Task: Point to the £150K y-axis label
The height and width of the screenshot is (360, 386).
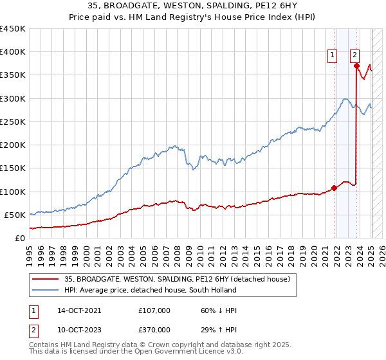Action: point(13,168)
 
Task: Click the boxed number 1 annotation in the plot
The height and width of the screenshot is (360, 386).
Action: point(333,55)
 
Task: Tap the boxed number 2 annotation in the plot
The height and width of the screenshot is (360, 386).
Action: point(354,55)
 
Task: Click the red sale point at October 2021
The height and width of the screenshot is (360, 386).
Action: point(335,188)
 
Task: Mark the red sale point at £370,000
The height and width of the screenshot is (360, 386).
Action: point(356,66)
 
